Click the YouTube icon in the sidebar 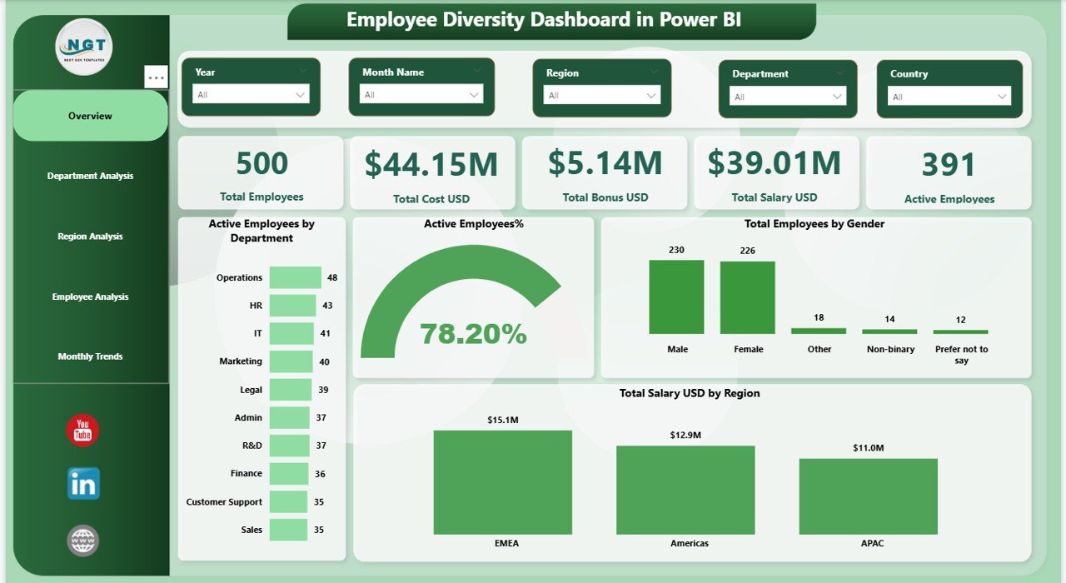82,431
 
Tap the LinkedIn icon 82,484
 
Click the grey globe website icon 82,541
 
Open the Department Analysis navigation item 90,176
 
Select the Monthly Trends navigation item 90,356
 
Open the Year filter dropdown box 251,95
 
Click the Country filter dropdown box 949,97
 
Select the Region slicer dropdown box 601,96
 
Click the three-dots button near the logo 157,77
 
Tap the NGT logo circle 84,47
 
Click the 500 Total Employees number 262,164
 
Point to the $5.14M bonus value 605,163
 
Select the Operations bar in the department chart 295,277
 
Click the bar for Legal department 291,390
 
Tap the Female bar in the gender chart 747,298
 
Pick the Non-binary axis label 889,350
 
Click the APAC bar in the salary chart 868,496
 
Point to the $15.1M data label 503,421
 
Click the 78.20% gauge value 473,334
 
